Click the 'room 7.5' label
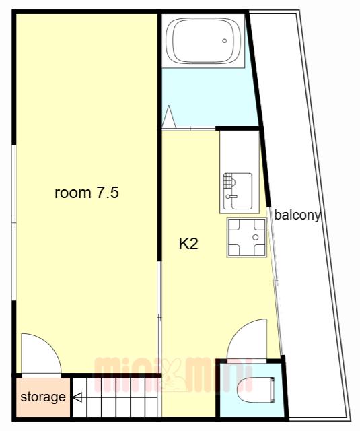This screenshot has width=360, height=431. [87, 193]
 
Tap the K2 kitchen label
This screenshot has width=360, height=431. [188, 244]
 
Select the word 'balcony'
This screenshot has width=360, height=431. [297, 215]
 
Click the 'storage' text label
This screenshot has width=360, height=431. [43, 397]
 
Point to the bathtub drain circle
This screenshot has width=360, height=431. [224, 41]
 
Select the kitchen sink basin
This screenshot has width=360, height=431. [238, 191]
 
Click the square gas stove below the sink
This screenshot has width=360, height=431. [246, 238]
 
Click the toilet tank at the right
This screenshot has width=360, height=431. [272, 391]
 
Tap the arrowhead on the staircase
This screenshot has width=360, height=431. [77, 397]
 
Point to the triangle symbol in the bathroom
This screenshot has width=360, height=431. [169, 117]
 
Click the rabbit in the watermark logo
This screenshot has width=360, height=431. [173, 376]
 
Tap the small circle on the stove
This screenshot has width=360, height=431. [256, 237]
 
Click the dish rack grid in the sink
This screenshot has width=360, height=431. [228, 180]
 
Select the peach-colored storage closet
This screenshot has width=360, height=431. [42, 397]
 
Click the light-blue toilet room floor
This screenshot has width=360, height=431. [252, 391]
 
